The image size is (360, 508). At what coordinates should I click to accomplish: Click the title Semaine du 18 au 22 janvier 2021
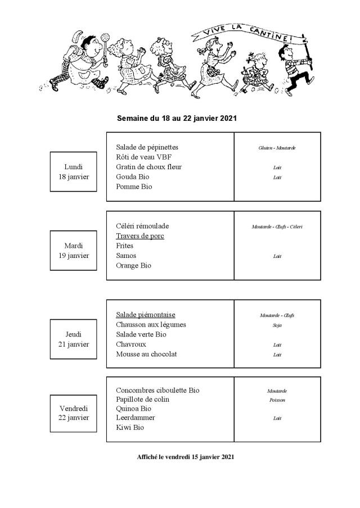(x=176, y=119)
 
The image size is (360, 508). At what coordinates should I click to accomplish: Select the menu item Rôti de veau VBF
(x=144, y=157)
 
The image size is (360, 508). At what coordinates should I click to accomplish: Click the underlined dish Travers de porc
(x=140, y=236)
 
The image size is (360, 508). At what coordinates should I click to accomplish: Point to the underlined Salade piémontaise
(x=146, y=315)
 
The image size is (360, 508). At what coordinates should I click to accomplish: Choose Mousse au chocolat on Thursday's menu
(x=146, y=354)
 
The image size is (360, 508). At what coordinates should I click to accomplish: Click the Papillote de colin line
(x=143, y=400)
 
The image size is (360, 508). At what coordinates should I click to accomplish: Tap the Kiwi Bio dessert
(x=130, y=428)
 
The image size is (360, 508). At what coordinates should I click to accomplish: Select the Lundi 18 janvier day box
(x=74, y=171)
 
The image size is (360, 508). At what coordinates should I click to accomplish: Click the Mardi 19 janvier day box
(x=74, y=250)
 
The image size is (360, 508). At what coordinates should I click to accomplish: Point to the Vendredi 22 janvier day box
(x=74, y=413)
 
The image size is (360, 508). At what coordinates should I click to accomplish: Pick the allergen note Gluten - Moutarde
(x=277, y=148)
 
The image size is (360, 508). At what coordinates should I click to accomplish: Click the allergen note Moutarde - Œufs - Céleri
(x=277, y=227)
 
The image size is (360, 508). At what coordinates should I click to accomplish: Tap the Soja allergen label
(x=277, y=325)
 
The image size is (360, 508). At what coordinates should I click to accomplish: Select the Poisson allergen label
(x=277, y=400)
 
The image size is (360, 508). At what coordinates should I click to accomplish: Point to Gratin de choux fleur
(x=148, y=167)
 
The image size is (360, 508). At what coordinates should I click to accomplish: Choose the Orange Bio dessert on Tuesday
(x=134, y=265)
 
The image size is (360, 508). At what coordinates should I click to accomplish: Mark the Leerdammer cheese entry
(x=136, y=418)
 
